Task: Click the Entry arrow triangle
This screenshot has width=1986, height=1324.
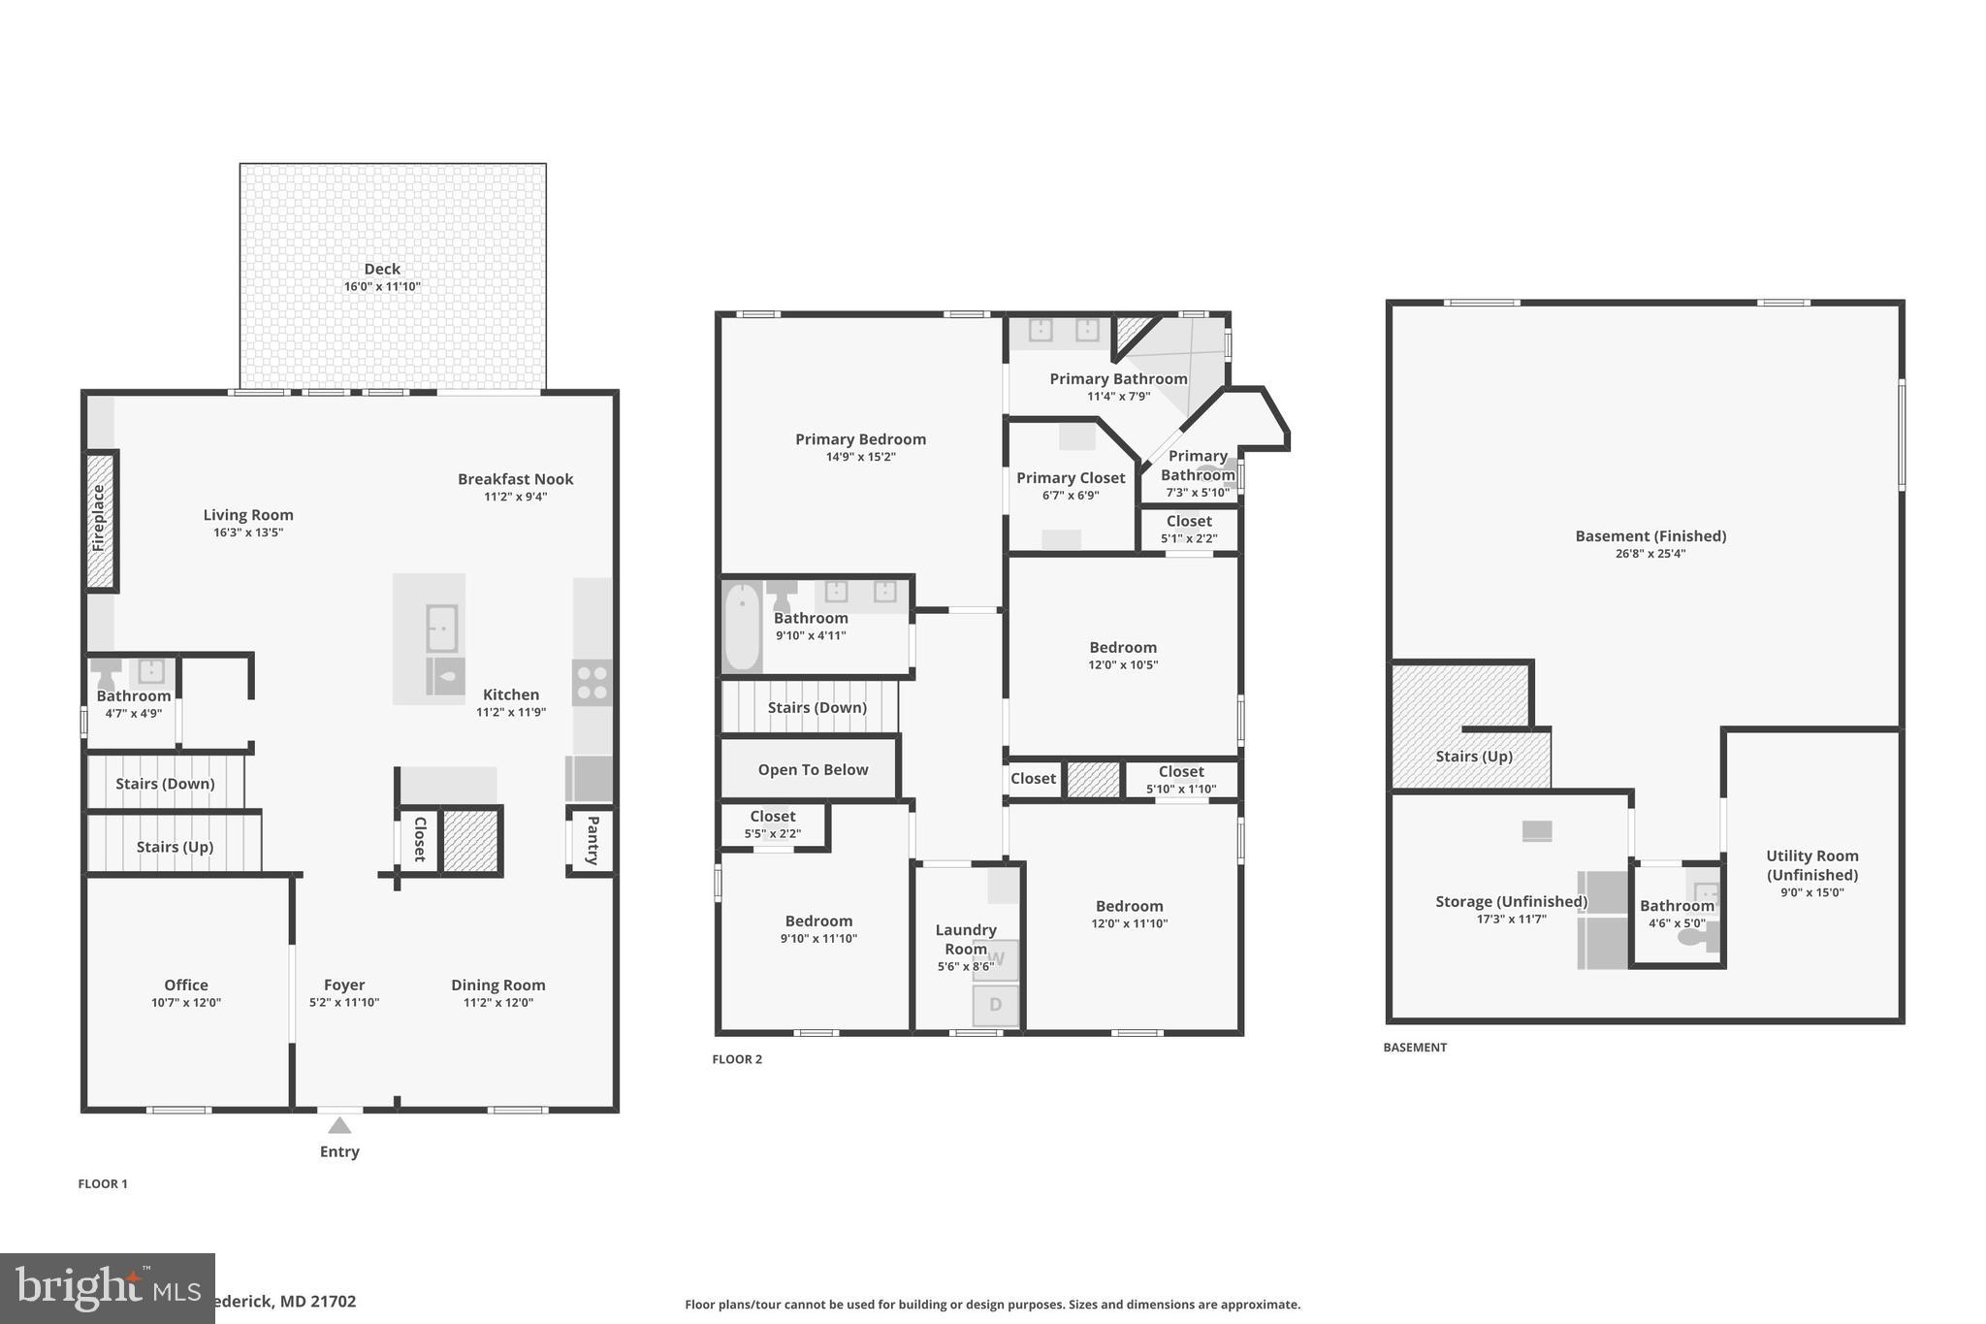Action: pyautogui.click(x=339, y=1126)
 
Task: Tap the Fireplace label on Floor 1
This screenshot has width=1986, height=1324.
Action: pyautogui.click(x=98, y=519)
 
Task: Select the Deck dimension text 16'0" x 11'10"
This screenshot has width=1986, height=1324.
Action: pyautogui.click(x=382, y=287)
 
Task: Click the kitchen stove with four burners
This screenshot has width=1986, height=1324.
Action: pyautogui.click(x=592, y=681)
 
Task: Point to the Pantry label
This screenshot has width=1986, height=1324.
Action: pyautogui.click(x=593, y=840)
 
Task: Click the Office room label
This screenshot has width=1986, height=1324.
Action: pyautogui.click(x=185, y=985)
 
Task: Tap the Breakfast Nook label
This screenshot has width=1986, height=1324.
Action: pyautogui.click(x=515, y=479)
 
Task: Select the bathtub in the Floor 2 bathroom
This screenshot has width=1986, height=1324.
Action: pyautogui.click(x=742, y=626)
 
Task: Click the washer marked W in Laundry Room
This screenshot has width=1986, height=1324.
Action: pyautogui.click(x=996, y=959)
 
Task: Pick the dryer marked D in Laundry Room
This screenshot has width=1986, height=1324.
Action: pyautogui.click(x=996, y=1005)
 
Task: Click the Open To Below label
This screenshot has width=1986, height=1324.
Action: pyautogui.click(x=813, y=769)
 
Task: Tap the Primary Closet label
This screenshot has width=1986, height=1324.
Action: pyautogui.click(x=1071, y=477)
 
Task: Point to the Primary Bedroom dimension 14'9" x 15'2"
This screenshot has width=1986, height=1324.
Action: pyautogui.click(x=860, y=457)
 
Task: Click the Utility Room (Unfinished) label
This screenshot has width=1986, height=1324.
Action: pyautogui.click(x=1811, y=864)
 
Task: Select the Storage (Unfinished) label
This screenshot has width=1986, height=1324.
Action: pyautogui.click(x=1511, y=901)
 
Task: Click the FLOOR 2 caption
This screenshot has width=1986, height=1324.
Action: pyautogui.click(x=737, y=1059)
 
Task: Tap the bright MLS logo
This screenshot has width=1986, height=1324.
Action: pyautogui.click(x=107, y=1288)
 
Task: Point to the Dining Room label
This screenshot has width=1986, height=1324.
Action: pyautogui.click(x=497, y=985)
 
